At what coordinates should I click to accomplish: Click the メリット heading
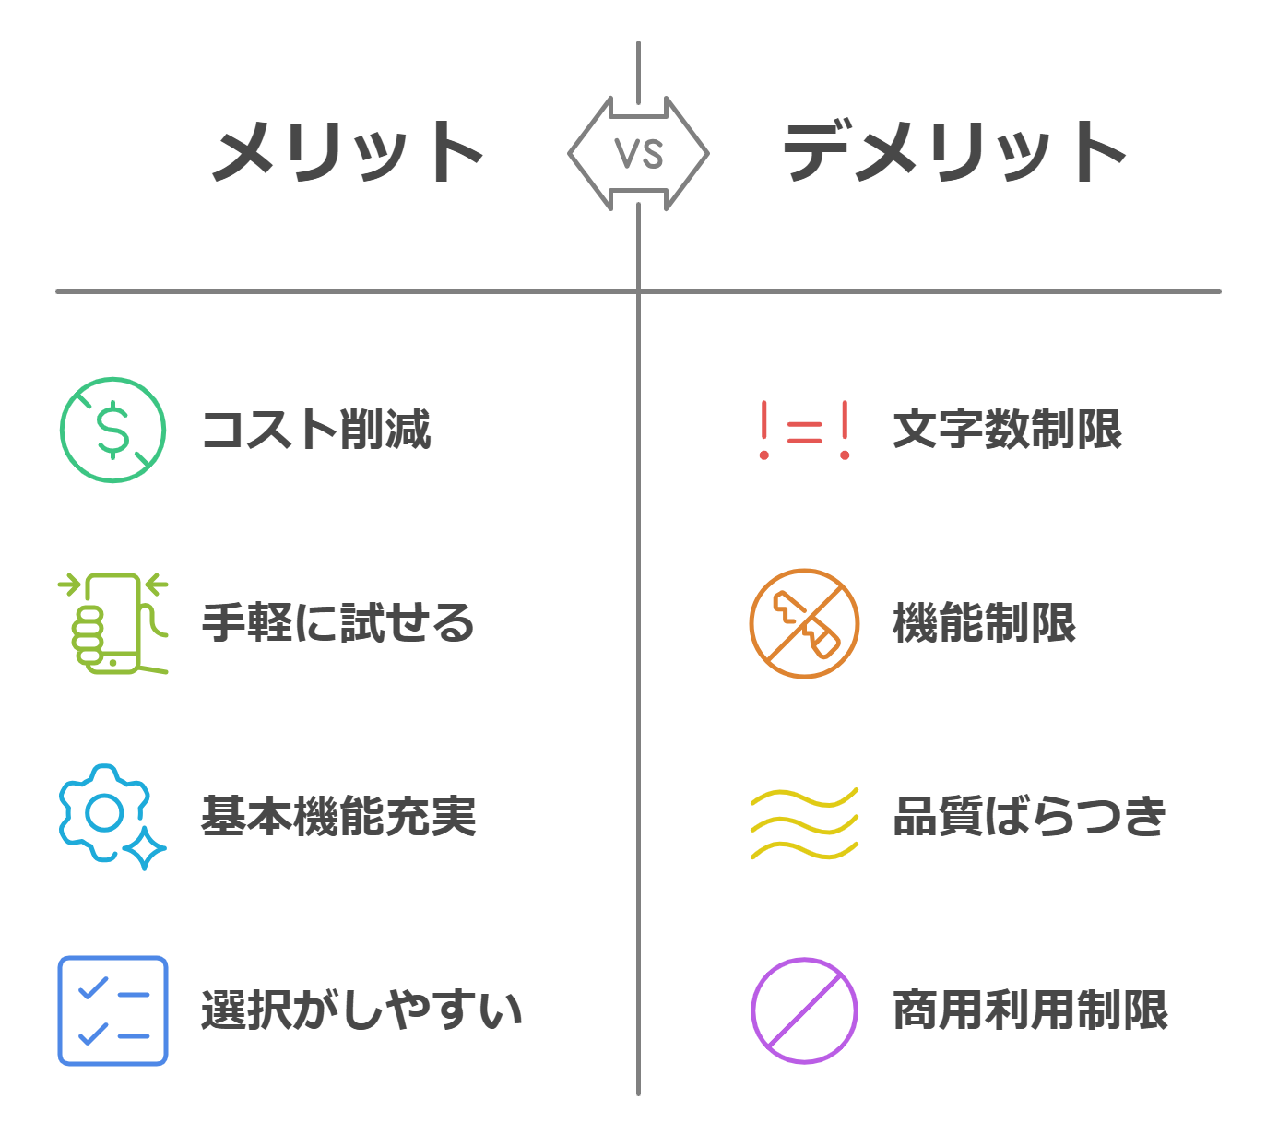[348, 152]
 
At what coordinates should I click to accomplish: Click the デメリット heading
[954, 151]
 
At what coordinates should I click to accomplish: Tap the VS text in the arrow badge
[638, 154]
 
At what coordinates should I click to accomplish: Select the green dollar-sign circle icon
[112, 431]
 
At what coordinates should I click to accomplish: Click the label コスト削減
[316, 430]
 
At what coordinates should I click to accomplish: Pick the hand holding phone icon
[112, 623]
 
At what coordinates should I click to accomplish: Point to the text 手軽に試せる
[338, 623]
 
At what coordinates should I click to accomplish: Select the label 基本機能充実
[338, 816]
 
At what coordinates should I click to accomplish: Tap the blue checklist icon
[112, 1010]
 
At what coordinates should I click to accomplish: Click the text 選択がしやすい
[361, 1010]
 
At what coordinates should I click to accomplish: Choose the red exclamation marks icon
[804, 431]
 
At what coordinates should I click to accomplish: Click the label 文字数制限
[1008, 430]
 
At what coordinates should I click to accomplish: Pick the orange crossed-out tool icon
[804, 623]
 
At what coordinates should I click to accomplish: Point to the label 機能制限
[984, 623]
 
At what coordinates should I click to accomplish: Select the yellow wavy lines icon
[804, 823]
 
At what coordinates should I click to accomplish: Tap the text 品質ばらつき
[1029, 816]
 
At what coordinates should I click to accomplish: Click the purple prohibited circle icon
[804, 1010]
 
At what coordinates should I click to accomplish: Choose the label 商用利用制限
[1031, 1010]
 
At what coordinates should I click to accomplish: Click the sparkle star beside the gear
[145, 848]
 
